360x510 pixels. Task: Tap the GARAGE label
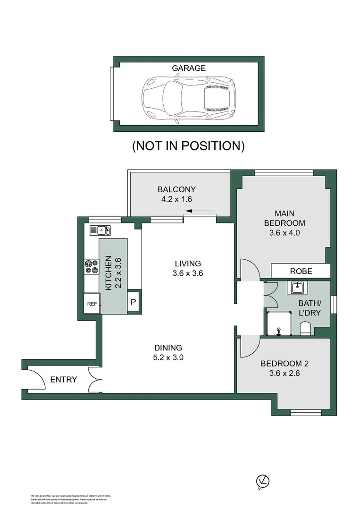[188, 68]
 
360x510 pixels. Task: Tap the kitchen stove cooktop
[91, 267]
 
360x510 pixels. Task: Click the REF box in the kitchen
[92, 304]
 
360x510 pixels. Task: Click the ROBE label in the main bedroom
[301, 272]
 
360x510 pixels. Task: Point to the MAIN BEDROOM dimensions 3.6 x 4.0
[284, 232]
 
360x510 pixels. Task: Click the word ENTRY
[63, 379]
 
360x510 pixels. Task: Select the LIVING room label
[188, 263]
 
